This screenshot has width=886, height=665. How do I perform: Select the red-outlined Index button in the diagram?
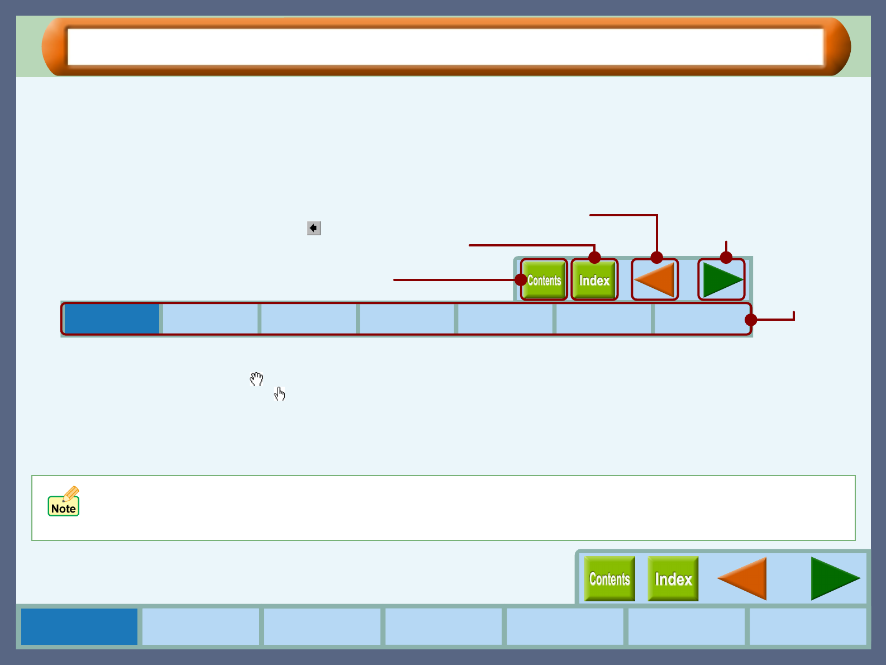click(x=594, y=280)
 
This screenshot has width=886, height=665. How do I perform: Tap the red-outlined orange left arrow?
click(x=655, y=279)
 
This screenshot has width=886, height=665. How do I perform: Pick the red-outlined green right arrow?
click(x=721, y=279)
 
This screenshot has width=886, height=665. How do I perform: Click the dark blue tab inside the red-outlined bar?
click(x=112, y=319)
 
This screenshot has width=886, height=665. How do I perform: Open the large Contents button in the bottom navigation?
click(x=609, y=578)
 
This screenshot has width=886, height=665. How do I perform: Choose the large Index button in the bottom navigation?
click(x=673, y=578)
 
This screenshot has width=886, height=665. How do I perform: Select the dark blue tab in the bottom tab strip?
click(x=79, y=626)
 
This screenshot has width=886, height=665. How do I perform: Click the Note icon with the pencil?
click(x=64, y=501)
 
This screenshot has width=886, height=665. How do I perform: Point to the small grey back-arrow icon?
click(x=313, y=228)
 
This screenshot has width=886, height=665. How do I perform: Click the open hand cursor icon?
click(x=256, y=379)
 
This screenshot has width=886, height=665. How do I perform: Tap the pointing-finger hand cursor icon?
click(x=280, y=394)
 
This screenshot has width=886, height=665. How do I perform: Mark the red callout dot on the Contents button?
click(x=521, y=279)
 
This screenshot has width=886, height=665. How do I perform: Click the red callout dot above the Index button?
click(x=594, y=258)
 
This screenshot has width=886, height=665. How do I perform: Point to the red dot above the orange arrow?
click(x=657, y=258)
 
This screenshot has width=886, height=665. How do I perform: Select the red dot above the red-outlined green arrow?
click(x=726, y=258)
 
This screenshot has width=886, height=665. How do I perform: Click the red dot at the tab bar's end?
click(x=751, y=320)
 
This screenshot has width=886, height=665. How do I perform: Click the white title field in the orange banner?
click(x=445, y=47)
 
